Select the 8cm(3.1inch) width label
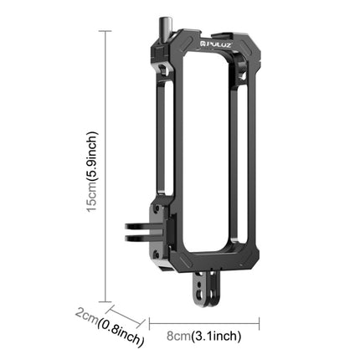coord(206,336)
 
